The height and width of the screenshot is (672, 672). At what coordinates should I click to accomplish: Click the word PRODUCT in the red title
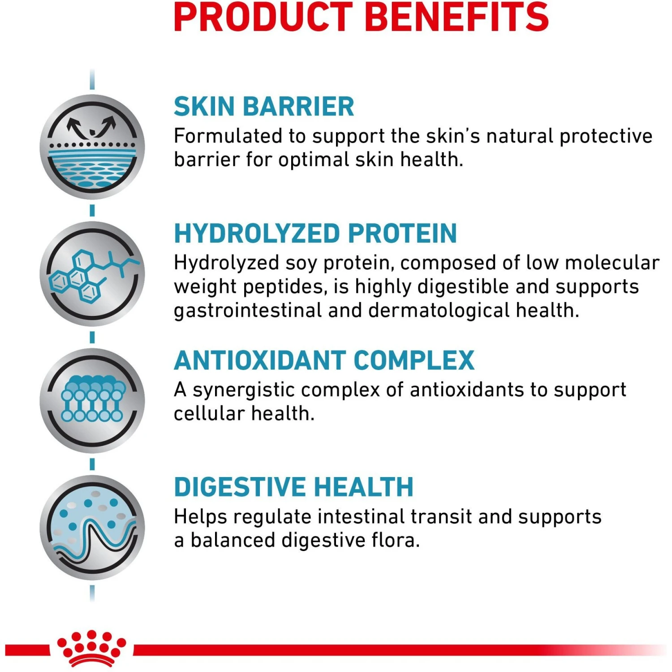pos(263,17)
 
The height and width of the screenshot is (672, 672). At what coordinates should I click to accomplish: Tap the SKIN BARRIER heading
pos(264,107)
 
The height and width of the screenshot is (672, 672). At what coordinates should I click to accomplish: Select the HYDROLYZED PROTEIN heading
pos(315,233)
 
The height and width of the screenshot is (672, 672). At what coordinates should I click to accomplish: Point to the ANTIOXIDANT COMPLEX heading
pos(324,360)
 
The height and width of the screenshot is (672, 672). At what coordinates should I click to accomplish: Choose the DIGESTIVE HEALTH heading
pos(293,487)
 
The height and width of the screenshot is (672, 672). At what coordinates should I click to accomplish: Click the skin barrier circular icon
pos(92,147)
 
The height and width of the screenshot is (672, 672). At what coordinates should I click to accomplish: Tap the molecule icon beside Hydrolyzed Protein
pos(92,274)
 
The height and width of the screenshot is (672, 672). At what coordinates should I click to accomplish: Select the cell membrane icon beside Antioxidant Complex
pos(92,401)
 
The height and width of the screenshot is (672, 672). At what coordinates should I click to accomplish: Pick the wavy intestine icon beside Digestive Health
pos(92,527)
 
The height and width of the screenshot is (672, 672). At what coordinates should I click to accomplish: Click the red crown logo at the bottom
pos(91,648)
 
